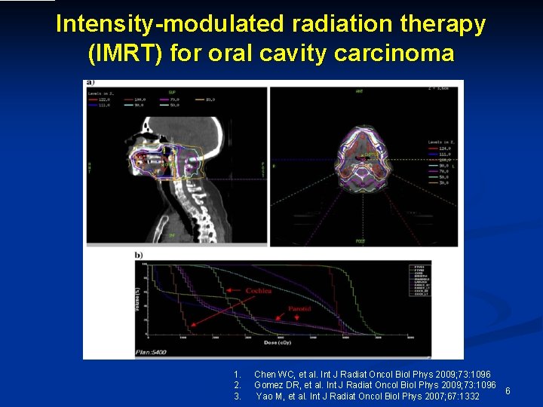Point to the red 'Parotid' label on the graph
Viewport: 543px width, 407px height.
point(299,309)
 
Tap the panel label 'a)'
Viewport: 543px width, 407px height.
point(90,82)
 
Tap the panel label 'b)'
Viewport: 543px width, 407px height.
point(139,256)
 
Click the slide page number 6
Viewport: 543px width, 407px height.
point(508,390)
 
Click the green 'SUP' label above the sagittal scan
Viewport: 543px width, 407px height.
point(172,92)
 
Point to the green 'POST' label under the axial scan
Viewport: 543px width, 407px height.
point(360,241)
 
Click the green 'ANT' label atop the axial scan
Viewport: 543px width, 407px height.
point(360,92)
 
